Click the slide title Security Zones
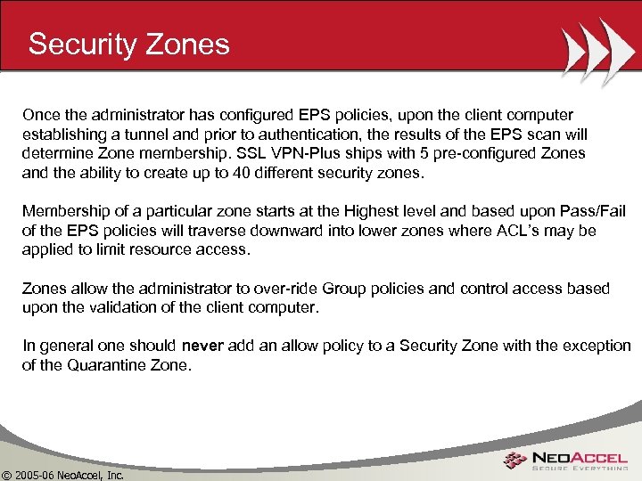128,44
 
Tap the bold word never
202,346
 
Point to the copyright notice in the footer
62,472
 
